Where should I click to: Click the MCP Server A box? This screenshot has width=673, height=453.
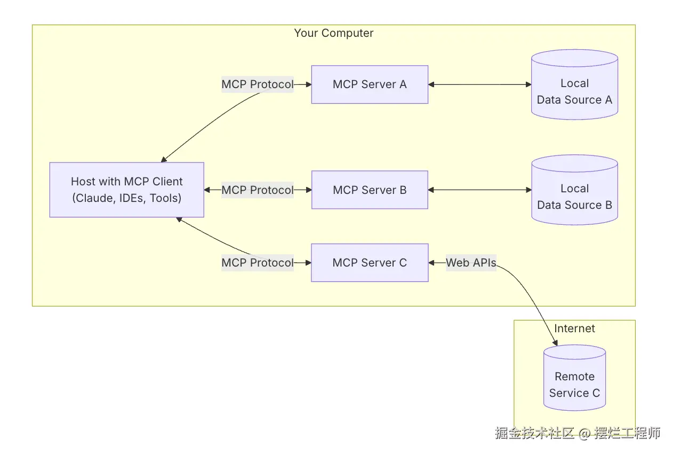click(370, 84)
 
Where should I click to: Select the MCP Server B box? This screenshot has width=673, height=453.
click(370, 190)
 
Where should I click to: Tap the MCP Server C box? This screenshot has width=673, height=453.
click(370, 262)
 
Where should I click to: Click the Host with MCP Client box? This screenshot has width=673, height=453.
click(126, 190)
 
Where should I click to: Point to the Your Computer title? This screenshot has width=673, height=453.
click(334, 33)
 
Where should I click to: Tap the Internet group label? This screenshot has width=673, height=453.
click(574, 329)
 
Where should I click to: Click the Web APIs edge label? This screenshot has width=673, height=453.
click(471, 262)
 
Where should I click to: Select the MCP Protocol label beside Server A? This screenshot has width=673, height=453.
click(257, 84)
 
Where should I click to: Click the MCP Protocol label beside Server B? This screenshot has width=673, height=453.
click(257, 190)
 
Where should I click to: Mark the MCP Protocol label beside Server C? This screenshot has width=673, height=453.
click(257, 262)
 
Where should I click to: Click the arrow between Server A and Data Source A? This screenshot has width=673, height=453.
click(480, 84)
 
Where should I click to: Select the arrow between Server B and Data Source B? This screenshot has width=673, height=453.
click(480, 190)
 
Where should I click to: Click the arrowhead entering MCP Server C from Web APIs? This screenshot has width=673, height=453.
click(431, 262)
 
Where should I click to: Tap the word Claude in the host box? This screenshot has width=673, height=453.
click(93, 198)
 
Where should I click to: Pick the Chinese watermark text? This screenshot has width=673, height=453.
click(578, 433)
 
